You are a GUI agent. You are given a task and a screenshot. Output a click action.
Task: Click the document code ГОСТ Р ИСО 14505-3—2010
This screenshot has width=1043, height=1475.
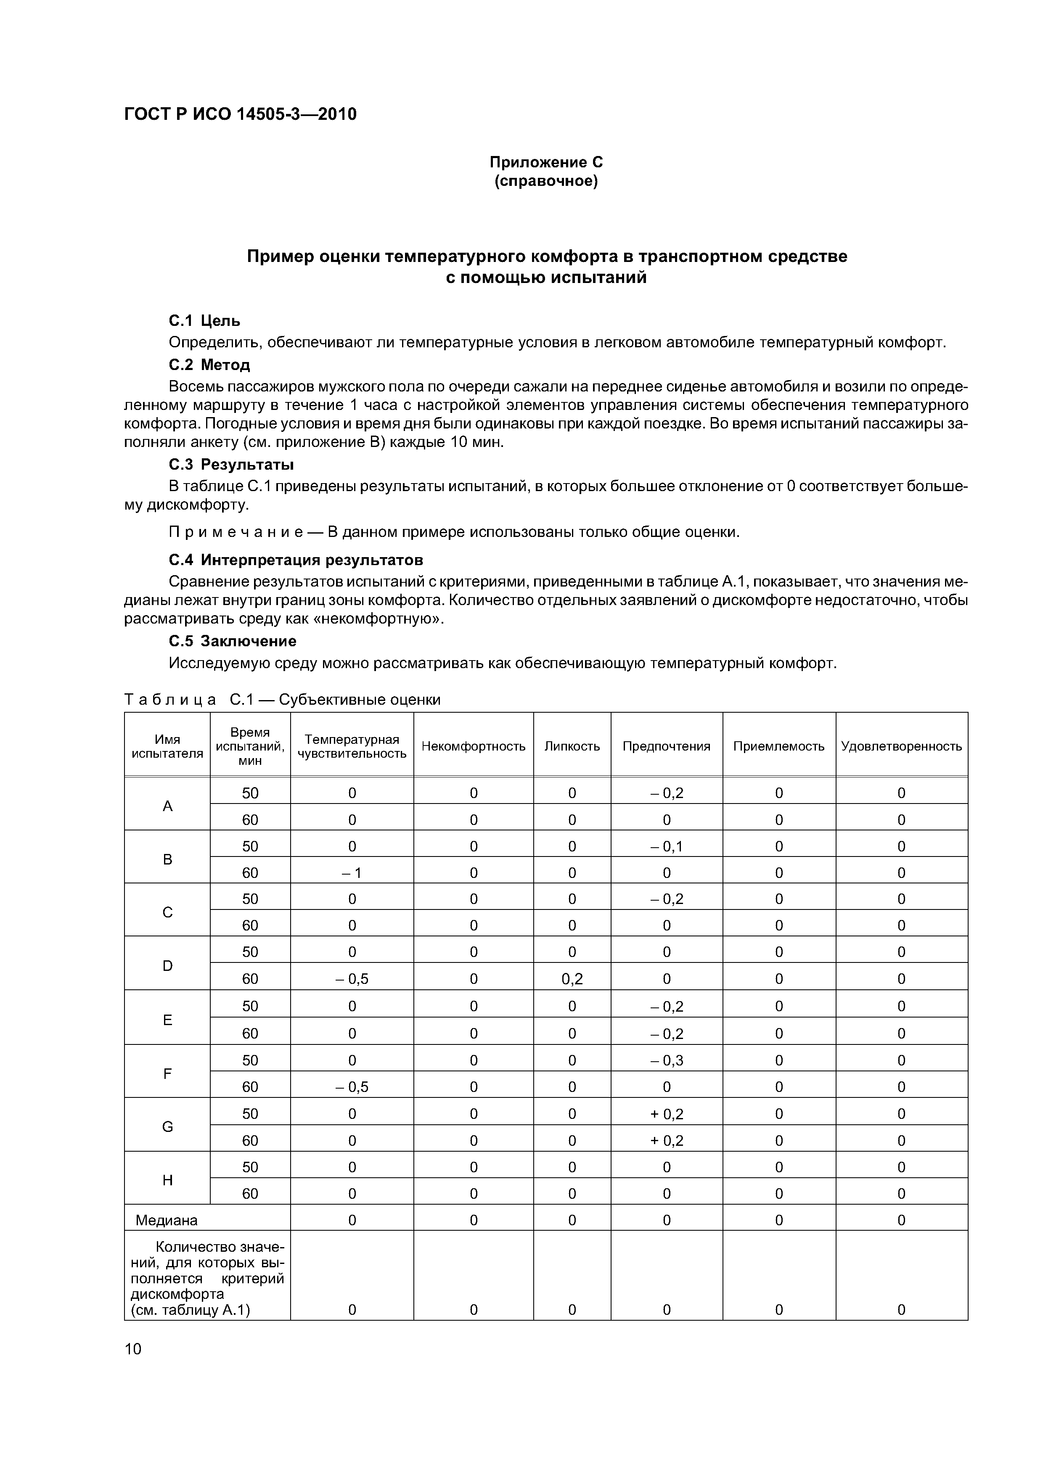click(240, 114)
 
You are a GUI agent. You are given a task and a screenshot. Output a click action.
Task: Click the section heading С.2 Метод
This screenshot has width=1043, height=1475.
click(209, 365)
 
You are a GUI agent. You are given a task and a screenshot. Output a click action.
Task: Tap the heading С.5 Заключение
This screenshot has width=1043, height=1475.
click(232, 641)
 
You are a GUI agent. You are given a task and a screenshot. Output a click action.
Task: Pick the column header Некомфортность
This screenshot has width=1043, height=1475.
click(473, 746)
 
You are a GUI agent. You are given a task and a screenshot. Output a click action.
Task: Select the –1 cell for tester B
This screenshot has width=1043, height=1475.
click(352, 872)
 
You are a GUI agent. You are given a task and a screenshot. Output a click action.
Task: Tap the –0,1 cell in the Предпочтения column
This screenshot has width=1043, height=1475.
click(667, 846)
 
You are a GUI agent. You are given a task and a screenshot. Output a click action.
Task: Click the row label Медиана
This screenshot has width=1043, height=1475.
click(167, 1220)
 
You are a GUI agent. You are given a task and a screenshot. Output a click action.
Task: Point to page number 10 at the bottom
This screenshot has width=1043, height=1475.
click(132, 1348)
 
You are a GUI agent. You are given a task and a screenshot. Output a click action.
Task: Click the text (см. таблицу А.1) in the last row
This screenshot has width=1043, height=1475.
click(190, 1310)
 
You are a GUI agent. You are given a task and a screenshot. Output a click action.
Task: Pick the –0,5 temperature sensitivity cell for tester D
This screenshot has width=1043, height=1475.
click(352, 978)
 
